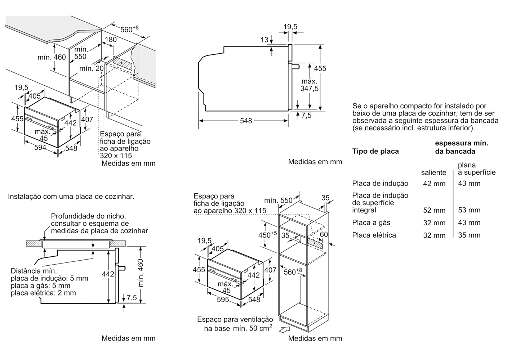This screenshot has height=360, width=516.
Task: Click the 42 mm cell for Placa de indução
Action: (434, 184)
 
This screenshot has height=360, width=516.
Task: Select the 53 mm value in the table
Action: (469, 210)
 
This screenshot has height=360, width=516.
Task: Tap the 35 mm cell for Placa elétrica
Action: (469, 235)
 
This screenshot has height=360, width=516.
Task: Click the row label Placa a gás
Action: (371, 223)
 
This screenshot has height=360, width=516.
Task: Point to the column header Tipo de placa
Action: (375, 151)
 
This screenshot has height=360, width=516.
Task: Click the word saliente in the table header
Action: (433, 173)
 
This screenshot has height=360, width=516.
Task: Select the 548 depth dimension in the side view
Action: (246, 121)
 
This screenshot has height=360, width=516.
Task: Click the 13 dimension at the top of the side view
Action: (264, 40)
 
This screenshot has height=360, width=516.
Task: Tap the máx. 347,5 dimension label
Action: (310, 85)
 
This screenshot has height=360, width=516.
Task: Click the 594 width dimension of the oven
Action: (40, 148)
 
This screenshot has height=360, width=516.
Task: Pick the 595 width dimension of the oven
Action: (223, 300)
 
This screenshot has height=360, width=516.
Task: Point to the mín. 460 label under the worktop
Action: (52, 57)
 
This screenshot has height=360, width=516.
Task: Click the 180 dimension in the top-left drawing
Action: (111, 40)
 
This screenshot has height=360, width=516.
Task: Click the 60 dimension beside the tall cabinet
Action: (324, 235)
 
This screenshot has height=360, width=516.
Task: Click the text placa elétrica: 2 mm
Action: (43, 293)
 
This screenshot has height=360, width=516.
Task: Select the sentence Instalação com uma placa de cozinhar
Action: (71, 197)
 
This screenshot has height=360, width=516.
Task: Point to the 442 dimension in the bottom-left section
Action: (108, 274)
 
